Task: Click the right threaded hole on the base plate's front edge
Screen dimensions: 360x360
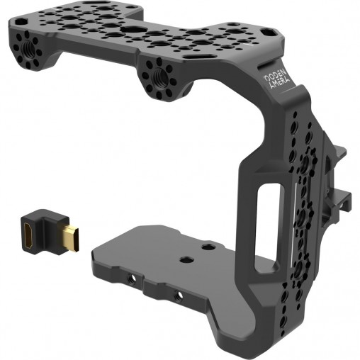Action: pyautogui.click(x=179, y=293)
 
